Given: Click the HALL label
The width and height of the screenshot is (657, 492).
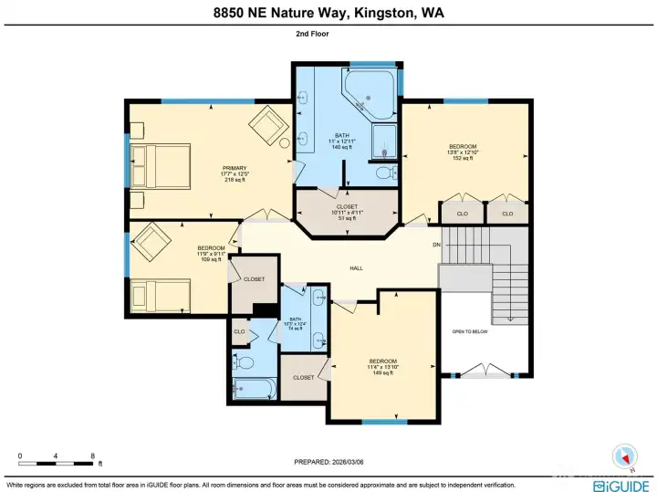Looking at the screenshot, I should click(357, 268).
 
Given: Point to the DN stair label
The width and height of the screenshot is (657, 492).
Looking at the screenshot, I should click(436, 245).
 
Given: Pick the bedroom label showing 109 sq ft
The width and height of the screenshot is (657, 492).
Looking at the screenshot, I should click(211, 253).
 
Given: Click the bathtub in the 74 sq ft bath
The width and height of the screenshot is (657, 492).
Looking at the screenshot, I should click(255, 389).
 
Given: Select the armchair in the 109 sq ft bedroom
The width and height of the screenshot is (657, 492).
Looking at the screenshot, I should click(151, 244).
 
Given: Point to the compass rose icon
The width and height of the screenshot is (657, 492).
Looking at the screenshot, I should click(624, 454).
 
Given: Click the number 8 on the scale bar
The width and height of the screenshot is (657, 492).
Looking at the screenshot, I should click(92, 455).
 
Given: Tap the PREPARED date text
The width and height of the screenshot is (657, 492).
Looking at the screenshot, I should click(328, 462).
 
